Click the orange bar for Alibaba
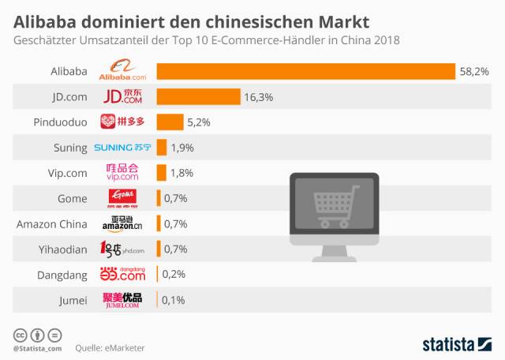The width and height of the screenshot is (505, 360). tap(306, 72)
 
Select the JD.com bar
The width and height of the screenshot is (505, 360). tap(198, 97)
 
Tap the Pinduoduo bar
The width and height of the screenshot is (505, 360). tap(170, 122)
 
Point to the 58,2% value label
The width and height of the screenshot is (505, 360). tap(474, 72)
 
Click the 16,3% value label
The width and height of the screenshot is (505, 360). tap(258, 97)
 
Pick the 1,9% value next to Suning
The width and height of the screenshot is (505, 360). tap(181, 148)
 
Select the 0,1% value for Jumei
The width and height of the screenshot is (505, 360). tap(174, 299)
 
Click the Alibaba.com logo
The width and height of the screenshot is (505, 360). tap(122, 72)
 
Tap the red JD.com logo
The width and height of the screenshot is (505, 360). tap(122, 97)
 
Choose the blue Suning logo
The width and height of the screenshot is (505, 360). tap(122, 148)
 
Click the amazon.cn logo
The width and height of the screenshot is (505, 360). tap(122, 223)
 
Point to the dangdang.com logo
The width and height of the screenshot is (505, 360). tap(122, 274)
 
